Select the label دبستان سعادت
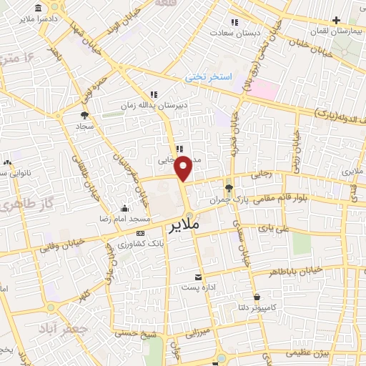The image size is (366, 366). coord(257,32)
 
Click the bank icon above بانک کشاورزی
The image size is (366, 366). coord(140,233)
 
